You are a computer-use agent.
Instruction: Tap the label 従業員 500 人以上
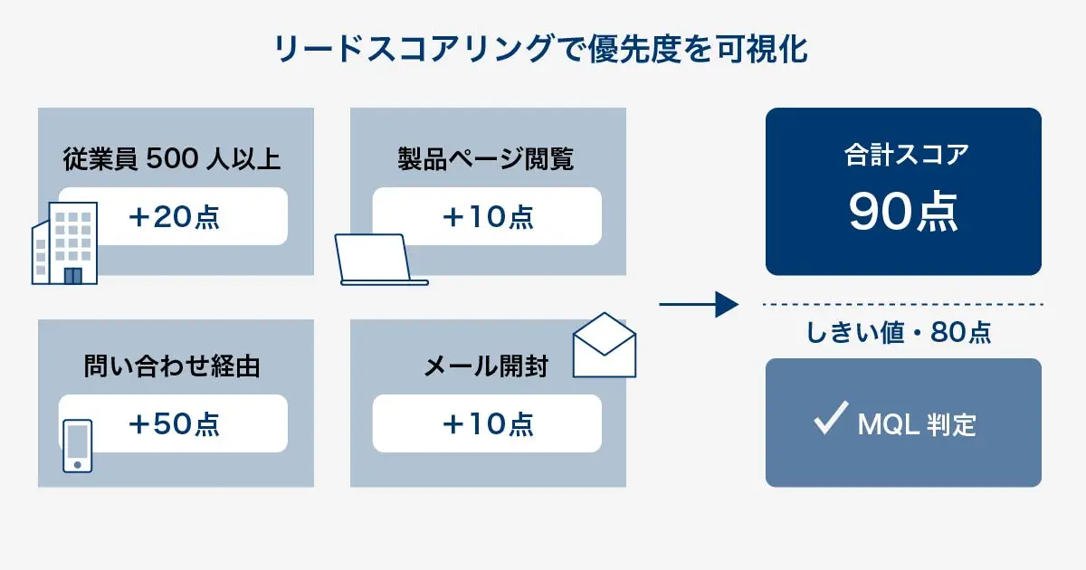click(173, 159)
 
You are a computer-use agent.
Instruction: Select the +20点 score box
click(173, 216)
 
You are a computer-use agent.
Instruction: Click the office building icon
click(64, 242)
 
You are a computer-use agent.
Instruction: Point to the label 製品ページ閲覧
click(486, 159)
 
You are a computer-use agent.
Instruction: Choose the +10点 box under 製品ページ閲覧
click(487, 216)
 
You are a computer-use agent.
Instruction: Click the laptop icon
click(378, 261)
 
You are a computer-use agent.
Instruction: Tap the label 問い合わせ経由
click(171, 366)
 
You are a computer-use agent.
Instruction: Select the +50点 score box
click(173, 423)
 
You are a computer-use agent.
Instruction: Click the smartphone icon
click(78, 444)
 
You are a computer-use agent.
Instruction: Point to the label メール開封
click(486, 366)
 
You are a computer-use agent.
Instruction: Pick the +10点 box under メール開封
click(487, 423)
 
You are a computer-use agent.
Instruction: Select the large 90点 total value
click(903, 213)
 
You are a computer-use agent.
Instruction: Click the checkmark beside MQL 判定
click(829, 420)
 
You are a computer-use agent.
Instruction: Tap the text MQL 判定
click(916, 423)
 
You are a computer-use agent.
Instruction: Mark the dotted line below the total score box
click(903, 304)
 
